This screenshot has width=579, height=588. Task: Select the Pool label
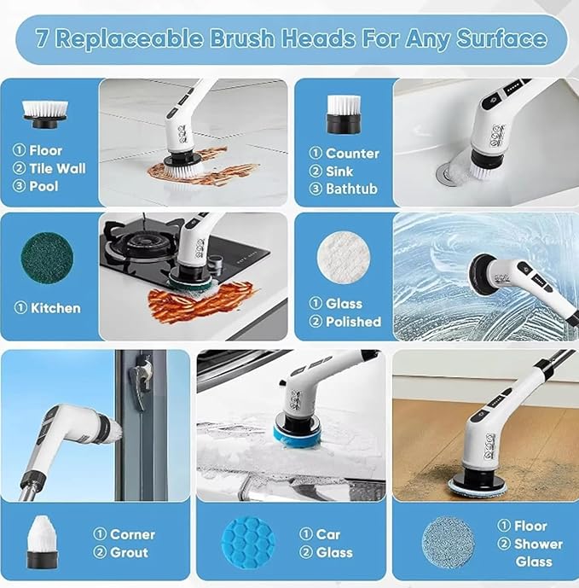(43, 186)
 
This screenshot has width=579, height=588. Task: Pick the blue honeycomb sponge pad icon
(249, 543)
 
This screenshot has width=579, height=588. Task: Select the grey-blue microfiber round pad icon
(449, 543)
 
